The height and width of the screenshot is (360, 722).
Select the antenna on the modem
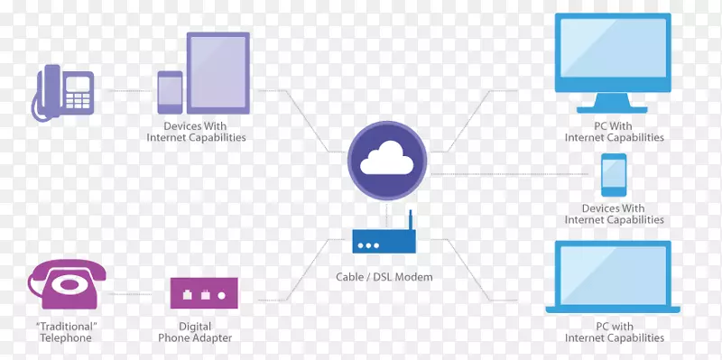409,221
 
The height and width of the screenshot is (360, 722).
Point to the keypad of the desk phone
79,90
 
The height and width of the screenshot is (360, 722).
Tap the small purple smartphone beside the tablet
170,92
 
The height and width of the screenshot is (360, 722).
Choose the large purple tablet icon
218,72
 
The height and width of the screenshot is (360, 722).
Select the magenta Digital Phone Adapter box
204,294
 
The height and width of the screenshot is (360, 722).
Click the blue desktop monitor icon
614,54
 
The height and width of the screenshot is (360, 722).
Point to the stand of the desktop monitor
614,104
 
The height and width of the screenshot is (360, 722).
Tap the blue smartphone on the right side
614,175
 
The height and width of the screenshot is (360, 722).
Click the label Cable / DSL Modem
383,277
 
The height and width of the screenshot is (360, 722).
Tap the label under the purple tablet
196,132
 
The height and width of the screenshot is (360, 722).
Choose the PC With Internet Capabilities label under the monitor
614,132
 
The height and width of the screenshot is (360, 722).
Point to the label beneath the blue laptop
614,332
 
